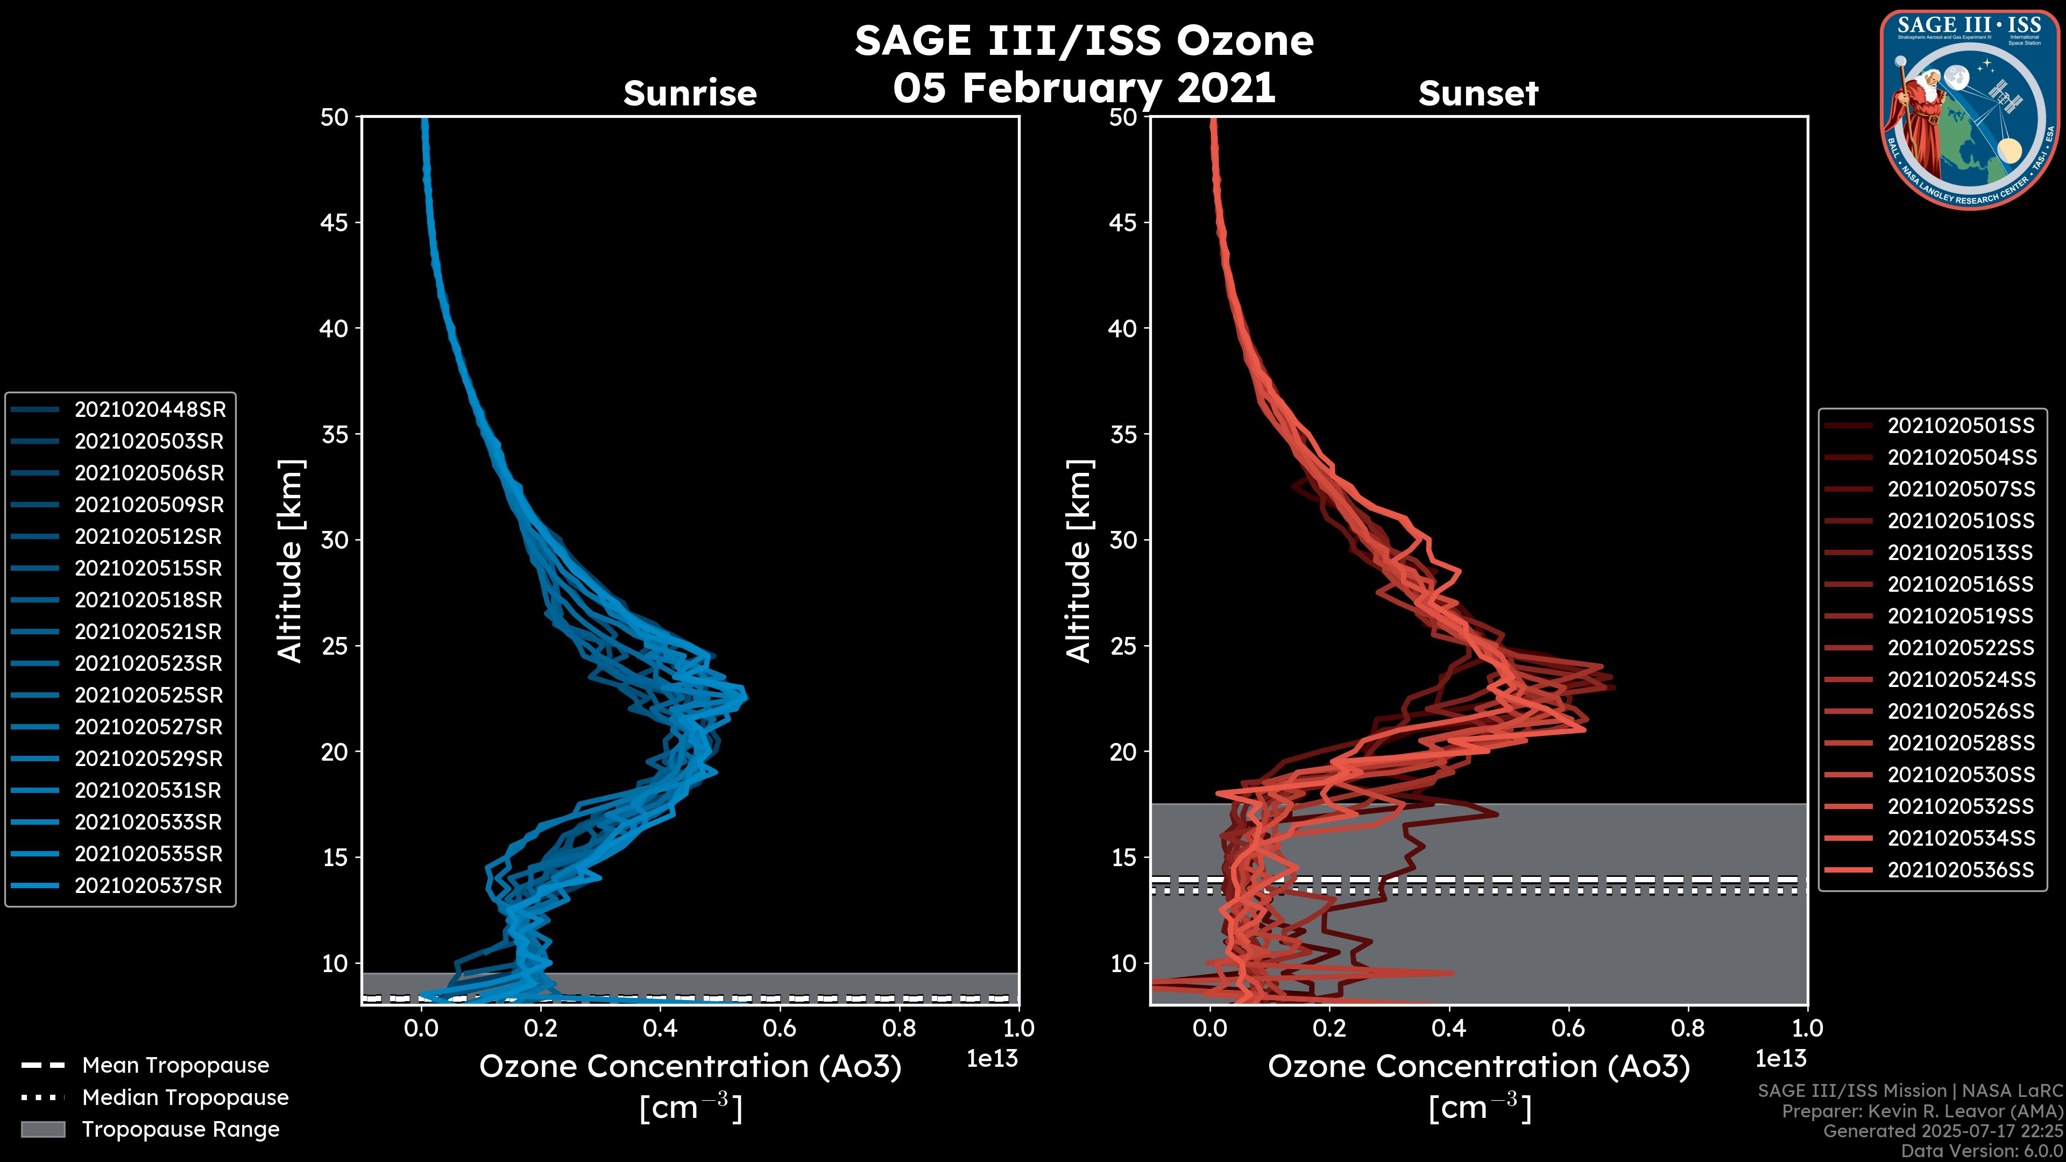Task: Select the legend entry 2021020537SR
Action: point(148,886)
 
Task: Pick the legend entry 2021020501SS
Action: point(1961,426)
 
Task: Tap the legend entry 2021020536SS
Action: point(1961,870)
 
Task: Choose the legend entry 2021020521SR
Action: point(148,632)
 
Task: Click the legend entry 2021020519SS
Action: point(1961,616)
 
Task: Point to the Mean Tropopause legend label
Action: point(175,1066)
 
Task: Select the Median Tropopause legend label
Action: point(185,1098)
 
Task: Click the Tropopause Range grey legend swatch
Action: point(43,1129)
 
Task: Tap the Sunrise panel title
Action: point(690,94)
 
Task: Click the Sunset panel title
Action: point(1478,94)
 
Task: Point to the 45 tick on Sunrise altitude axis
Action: point(335,222)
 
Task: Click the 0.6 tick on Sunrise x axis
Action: point(780,1028)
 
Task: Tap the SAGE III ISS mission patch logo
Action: point(1969,110)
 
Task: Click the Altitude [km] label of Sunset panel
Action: point(1079,561)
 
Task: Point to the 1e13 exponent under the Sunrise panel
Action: point(992,1059)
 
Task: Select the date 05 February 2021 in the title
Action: point(1084,88)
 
